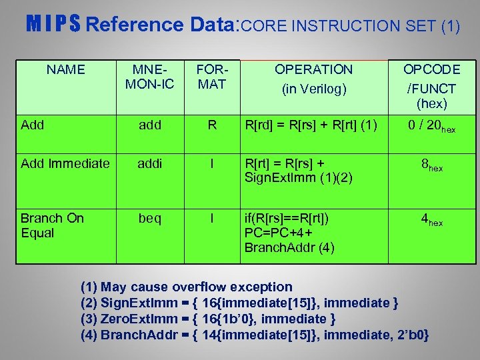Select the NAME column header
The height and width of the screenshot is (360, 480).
[66, 69]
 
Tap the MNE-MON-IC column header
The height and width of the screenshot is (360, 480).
[150, 77]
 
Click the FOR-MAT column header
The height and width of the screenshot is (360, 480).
[213, 77]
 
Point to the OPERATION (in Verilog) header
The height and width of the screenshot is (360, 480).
[313, 79]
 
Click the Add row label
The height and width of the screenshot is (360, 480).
[33, 125]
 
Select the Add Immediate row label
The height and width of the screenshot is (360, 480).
[65, 163]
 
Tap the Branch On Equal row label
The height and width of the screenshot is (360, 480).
[51, 225]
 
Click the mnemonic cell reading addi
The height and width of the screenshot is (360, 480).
[150, 163]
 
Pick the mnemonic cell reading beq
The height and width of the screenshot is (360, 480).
[150, 219]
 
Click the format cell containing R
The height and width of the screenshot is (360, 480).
[213, 125]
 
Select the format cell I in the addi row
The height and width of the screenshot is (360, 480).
[213, 163]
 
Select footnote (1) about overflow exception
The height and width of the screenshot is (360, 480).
[186, 287]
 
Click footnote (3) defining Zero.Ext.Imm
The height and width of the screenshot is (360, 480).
[207, 319]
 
